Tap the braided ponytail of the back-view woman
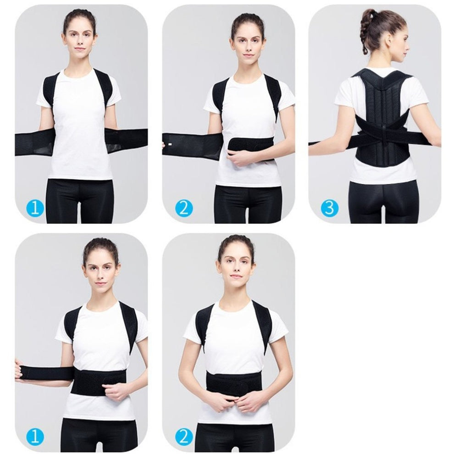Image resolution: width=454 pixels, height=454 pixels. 365,28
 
